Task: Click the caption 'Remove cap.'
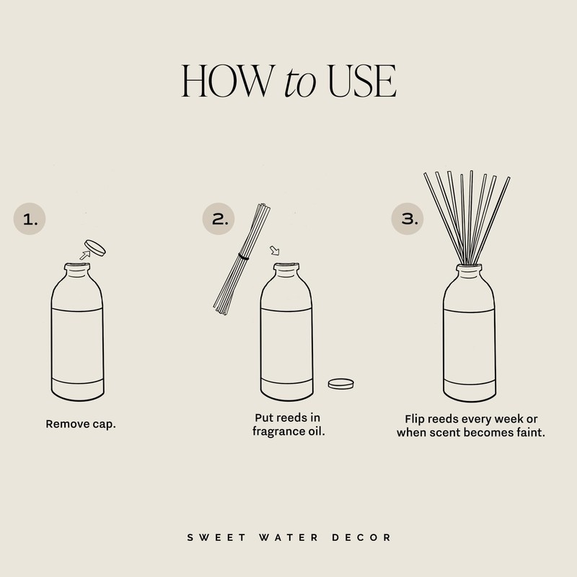[x=81, y=424]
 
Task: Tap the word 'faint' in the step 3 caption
[x=527, y=433]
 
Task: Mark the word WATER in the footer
[x=286, y=537]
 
